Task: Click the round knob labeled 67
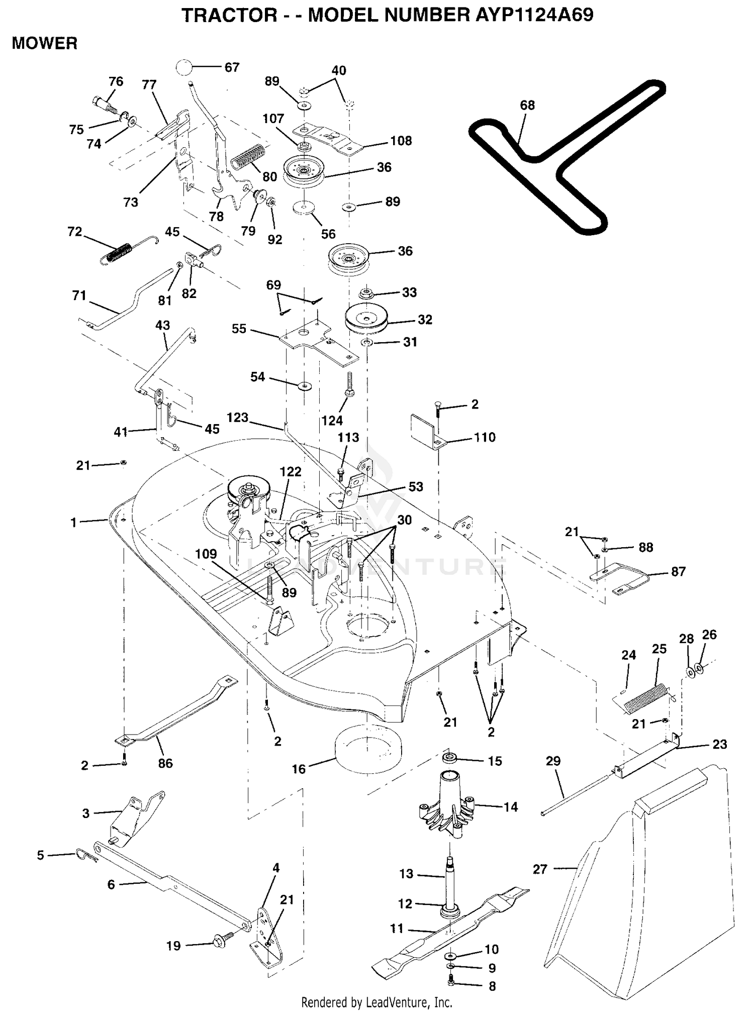tap(184, 67)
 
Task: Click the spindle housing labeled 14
tap(447, 804)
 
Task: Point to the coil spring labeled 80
tap(247, 157)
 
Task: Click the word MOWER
tap(45, 43)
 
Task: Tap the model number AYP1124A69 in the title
tap(534, 15)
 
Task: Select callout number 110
tap(485, 437)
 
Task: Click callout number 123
tap(237, 418)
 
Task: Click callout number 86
tap(165, 763)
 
